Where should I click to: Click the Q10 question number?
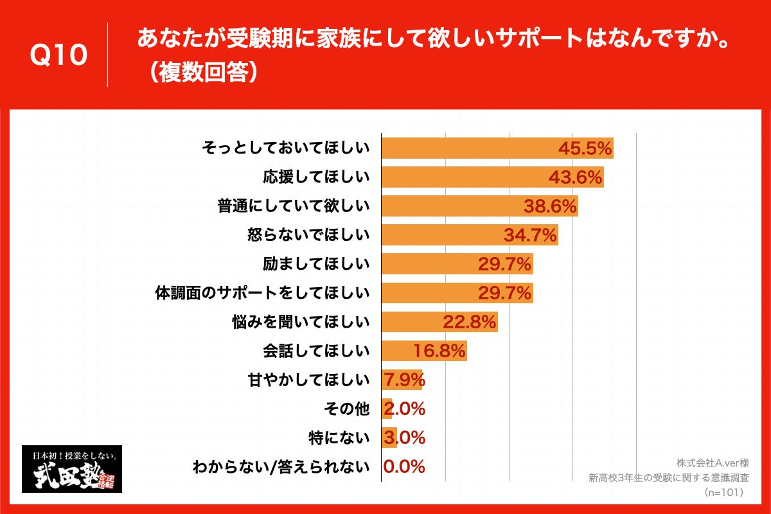58,56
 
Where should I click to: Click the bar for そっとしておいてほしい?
469,148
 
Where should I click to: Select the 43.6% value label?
575,177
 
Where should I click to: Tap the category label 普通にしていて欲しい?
294,206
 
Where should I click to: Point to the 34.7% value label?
529,235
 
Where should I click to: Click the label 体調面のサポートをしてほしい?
263,293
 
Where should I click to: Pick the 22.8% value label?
469,322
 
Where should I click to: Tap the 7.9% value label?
404,380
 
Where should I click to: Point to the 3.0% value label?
404,438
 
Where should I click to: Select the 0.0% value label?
404,466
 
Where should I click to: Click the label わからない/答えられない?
281,466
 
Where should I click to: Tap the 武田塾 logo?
72,469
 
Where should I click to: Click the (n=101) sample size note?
723,492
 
